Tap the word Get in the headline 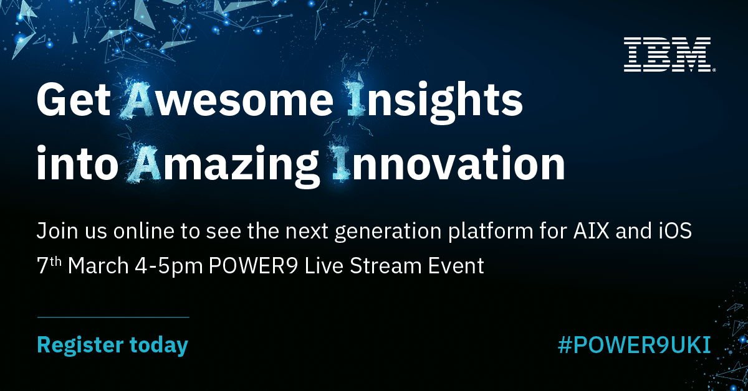tap(74, 100)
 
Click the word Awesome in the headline tap(228, 100)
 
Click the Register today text tap(112, 344)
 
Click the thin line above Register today tap(113, 318)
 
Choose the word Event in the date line tap(454, 266)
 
